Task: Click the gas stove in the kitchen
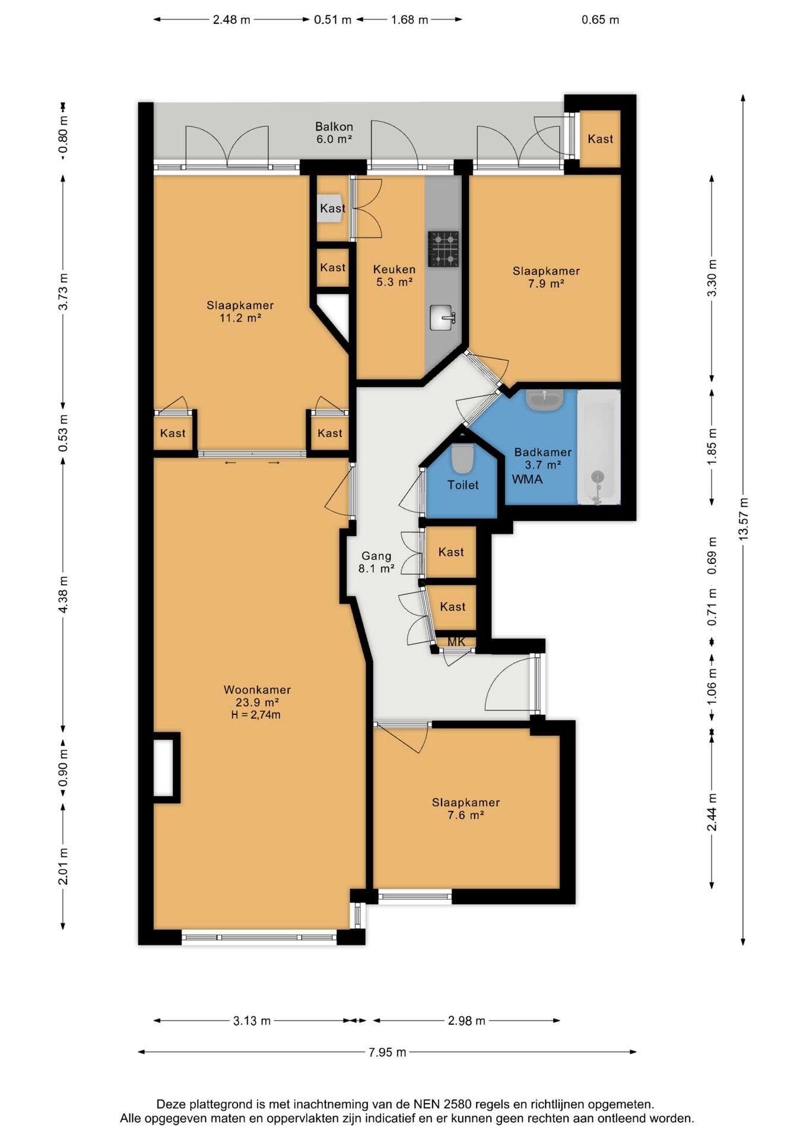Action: (443, 249)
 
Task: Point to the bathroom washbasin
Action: (544, 400)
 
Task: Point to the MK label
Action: (456, 642)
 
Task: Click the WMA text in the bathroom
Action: (527, 479)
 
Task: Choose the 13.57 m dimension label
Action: (744, 518)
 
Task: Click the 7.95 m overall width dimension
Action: (388, 1052)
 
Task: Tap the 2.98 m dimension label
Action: (467, 1021)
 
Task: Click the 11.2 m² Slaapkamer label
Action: (240, 312)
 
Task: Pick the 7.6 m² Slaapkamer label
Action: (466, 809)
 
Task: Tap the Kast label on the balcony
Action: (600, 139)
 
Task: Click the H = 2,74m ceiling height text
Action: (256, 715)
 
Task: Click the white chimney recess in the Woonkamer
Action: (164, 767)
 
